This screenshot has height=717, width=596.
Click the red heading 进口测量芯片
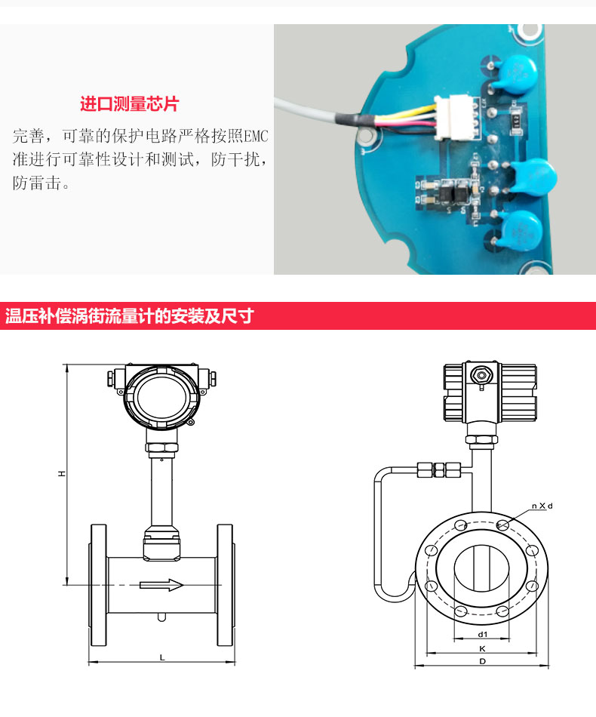[129, 104]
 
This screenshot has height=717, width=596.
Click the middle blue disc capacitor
[533, 177]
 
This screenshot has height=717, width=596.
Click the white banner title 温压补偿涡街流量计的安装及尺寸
[129, 316]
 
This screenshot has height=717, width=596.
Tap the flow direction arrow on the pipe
[161, 585]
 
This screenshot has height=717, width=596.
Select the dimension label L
[161, 657]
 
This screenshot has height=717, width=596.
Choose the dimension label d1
[483, 634]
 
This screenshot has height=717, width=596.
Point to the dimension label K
[482, 648]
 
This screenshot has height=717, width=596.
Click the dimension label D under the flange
[482, 661]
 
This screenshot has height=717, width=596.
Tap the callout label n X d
[542, 506]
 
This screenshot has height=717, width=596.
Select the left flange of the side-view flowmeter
[98, 585]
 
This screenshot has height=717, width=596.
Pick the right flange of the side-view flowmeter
[226, 585]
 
